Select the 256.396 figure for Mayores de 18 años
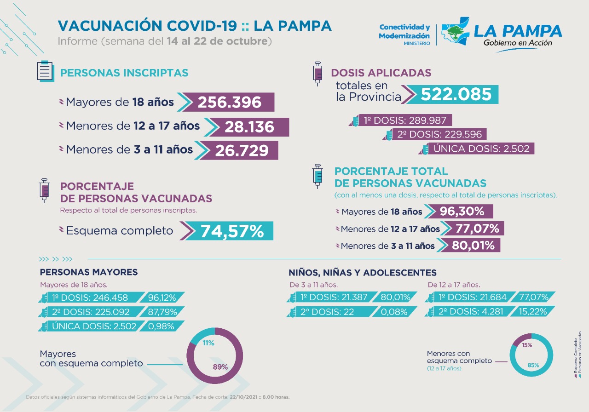pos(230,102)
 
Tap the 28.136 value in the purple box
pos(249,127)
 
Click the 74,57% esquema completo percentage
pos(231,231)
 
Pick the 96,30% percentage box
pos(462,212)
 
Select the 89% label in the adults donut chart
pos(220,367)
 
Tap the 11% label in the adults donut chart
pos(208,343)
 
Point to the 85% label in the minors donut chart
pos(533,365)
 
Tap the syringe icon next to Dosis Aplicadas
pos(317,74)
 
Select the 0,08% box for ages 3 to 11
pos(395,312)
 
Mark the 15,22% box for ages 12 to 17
pos(533,312)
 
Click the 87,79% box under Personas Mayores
pos(162,312)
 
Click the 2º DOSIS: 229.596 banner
pos(435,134)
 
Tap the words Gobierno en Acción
pos(518,43)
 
